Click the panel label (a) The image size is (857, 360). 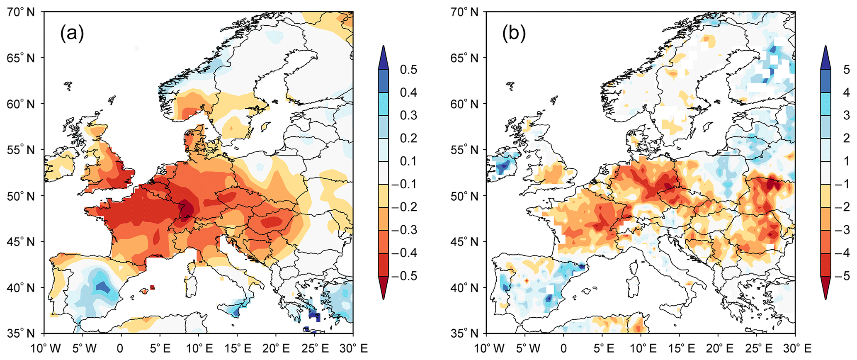tap(72, 33)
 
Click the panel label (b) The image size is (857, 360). tap(514, 33)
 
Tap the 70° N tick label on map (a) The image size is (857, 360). tap(21, 12)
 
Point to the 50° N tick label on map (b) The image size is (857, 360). tap(464, 196)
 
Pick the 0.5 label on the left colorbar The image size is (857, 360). tap(408, 70)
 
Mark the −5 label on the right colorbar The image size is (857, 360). tap(843, 276)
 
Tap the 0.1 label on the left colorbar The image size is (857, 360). tap(408, 161)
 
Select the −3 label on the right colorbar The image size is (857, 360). tap(843, 230)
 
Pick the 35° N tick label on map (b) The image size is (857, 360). tap(464, 333)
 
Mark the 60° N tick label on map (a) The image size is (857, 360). tap(21, 104)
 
